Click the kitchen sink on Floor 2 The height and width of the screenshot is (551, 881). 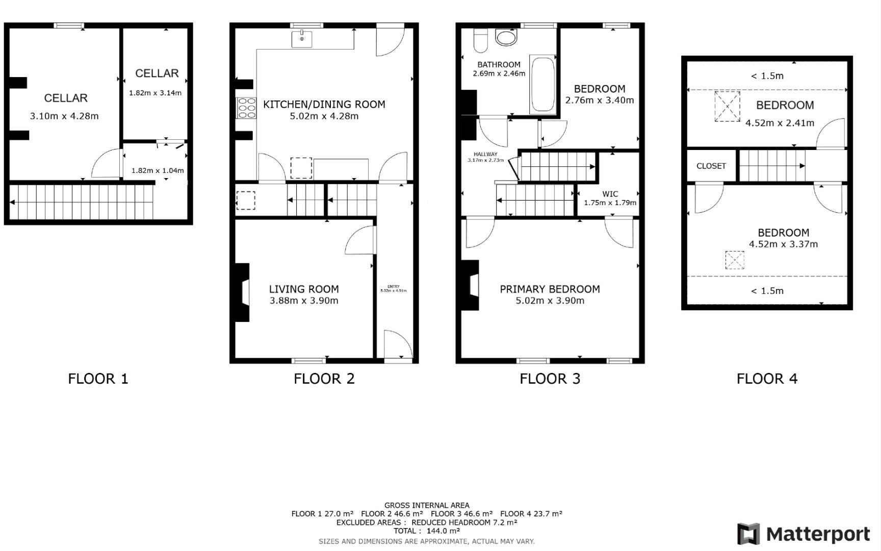[302, 39]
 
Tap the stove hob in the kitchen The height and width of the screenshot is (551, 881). [246, 108]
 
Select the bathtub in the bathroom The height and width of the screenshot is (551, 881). [542, 85]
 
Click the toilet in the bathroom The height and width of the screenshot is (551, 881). [480, 40]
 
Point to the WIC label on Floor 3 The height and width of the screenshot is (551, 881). [610, 194]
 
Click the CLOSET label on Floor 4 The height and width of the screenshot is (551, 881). [711, 166]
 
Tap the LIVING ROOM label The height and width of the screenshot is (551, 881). [304, 289]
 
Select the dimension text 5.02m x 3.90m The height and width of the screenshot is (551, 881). [550, 300]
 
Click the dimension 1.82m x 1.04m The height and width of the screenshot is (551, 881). [158, 170]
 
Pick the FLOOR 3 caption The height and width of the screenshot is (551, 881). [550, 379]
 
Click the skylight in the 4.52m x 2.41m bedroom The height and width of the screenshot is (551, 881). [727, 106]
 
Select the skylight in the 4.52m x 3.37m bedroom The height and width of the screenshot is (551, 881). [735, 260]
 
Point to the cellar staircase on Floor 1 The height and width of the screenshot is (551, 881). [82, 202]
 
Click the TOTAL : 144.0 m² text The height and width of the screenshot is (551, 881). [426, 531]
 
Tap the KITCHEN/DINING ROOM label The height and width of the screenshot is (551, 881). [324, 104]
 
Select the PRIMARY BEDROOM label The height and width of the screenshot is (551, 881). [550, 289]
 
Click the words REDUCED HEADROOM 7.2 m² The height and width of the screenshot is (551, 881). [464, 522]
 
